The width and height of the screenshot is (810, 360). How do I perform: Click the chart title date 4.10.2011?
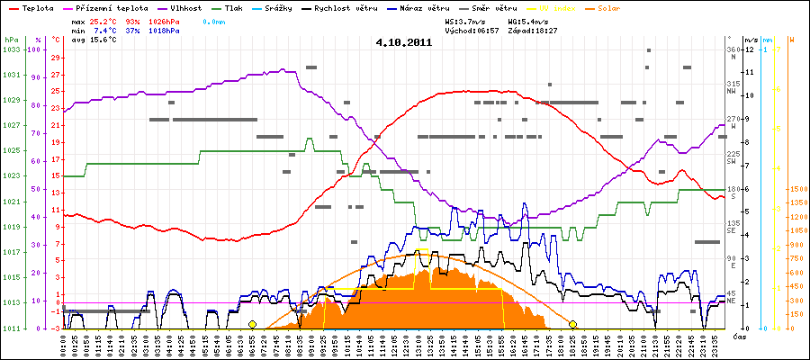point(404,42)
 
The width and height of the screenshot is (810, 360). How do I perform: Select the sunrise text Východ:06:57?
point(472,30)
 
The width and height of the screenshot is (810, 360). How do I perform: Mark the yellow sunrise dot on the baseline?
point(252,324)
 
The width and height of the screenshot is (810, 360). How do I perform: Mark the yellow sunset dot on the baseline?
point(572,324)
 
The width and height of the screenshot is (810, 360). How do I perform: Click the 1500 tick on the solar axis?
point(795,189)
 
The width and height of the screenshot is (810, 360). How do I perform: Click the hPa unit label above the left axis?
point(10,40)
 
